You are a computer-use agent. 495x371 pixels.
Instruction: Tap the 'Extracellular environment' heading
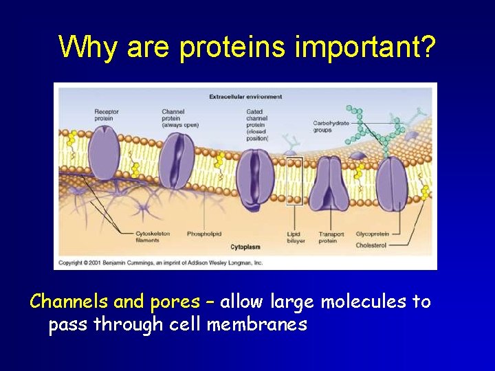click(x=245, y=97)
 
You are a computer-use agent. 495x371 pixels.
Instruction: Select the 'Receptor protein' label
click(x=107, y=115)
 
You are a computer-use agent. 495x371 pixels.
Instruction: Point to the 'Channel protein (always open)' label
click(x=180, y=118)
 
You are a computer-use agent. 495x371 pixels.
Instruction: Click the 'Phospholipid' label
click(x=203, y=234)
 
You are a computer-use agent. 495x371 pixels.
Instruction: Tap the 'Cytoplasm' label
click(x=245, y=247)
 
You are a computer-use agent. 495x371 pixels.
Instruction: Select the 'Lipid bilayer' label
click(x=294, y=238)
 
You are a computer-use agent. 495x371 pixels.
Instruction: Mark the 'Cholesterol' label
click(x=371, y=245)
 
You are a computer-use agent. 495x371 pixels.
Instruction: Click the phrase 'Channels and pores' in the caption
click(x=115, y=302)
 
